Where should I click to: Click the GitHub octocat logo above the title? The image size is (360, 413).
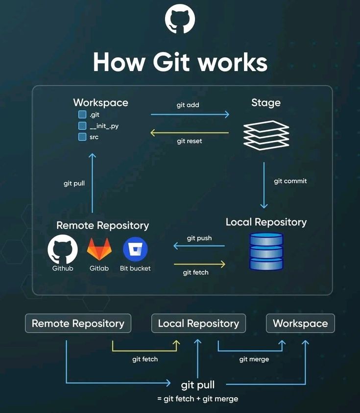coord(180,20)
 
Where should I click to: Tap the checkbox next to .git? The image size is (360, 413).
coord(82,115)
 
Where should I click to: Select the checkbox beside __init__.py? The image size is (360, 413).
coord(82,126)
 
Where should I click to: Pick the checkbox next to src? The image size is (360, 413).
coord(82,137)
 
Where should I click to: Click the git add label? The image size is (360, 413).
coord(188,105)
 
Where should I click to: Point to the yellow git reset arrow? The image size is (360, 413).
coord(190,133)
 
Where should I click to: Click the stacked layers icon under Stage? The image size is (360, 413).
coord(266,135)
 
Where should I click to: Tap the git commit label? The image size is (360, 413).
coord(290,181)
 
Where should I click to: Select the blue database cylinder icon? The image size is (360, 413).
coord(266,251)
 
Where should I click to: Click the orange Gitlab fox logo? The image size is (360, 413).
coord(99,249)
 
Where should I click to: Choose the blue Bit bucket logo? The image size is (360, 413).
coord(135,249)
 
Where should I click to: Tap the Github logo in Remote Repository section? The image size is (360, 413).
coord(63,249)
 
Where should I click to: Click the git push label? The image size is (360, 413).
coord(199,238)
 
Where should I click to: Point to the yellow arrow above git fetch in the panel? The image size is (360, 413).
coord(199,265)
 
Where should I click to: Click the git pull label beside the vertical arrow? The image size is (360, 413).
coord(74,183)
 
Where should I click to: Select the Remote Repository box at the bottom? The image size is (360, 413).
coord(78,323)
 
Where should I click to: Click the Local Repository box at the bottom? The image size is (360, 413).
coord(198,323)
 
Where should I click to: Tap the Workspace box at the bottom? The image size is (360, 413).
coord(300,323)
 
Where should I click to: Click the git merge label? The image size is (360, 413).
coord(254,359)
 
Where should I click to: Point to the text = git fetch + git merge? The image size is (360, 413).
coord(198,398)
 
